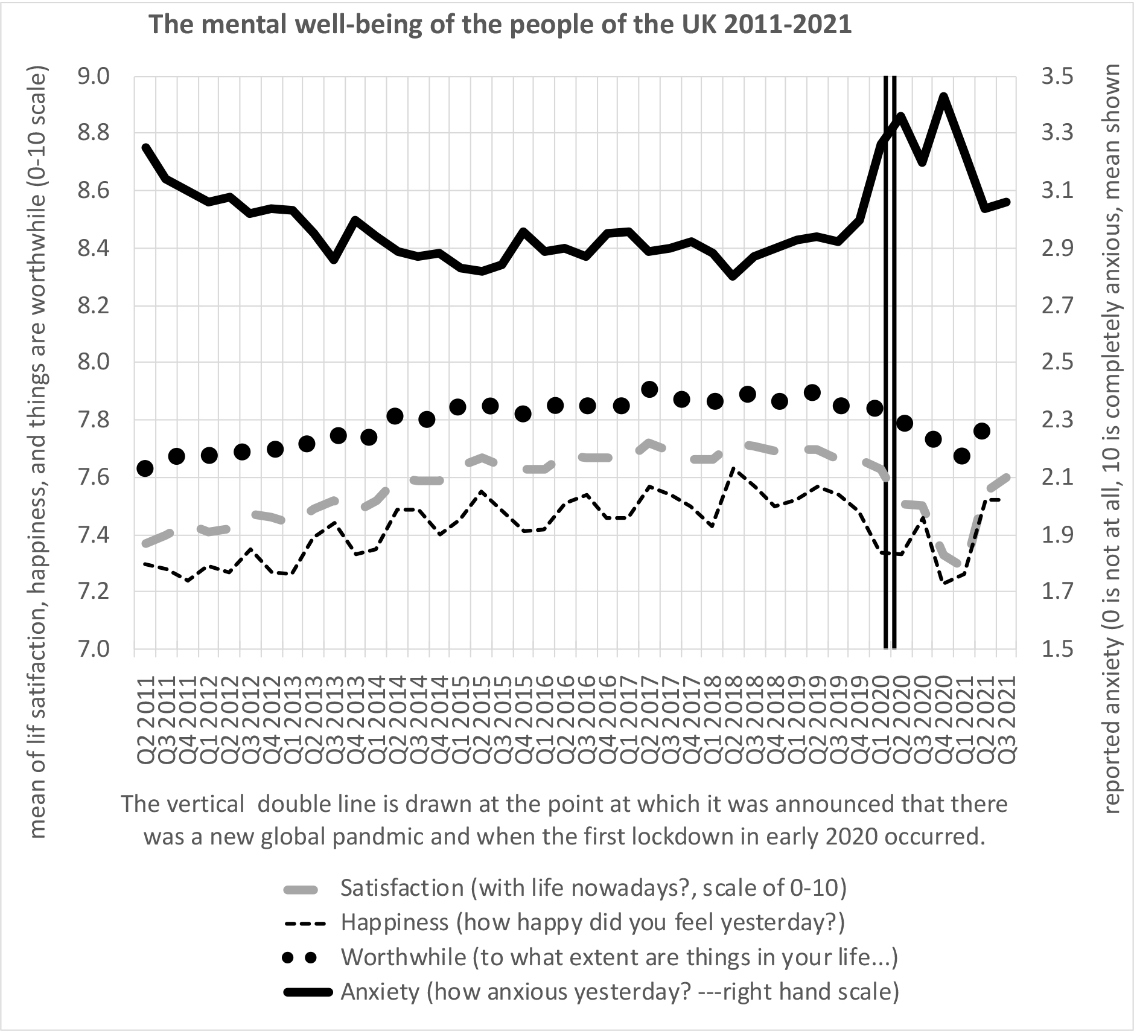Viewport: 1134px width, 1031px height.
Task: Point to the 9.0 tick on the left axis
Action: pos(94,77)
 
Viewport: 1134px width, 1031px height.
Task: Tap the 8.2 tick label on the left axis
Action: pos(94,306)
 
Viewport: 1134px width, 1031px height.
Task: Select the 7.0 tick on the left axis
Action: pos(94,650)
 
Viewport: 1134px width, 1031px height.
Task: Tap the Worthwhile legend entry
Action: pos(619,957)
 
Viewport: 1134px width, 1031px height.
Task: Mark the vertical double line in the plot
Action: pos(890,362)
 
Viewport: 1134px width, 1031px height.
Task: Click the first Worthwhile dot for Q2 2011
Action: pos(145,468)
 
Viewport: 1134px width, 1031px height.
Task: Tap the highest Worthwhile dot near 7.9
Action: pos(649,389)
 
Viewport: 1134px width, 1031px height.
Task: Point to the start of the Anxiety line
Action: pos(145,147)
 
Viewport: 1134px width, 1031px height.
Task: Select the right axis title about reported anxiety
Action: pos(1113,439)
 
